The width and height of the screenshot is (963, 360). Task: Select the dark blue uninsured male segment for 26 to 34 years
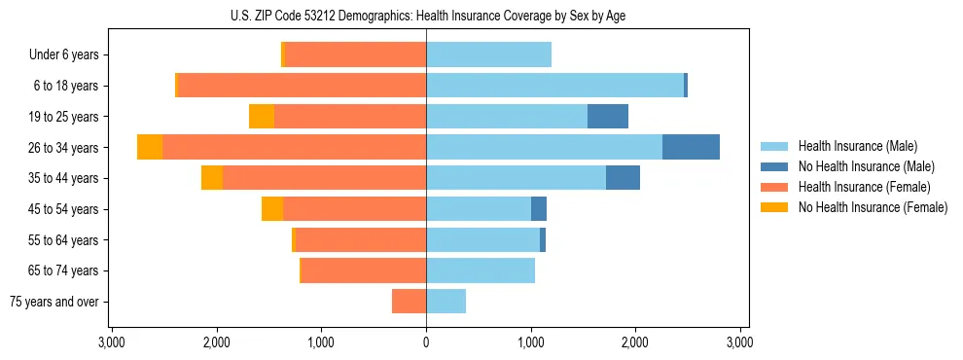point(691,147)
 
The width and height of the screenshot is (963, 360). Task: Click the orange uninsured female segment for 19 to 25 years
point(262,117)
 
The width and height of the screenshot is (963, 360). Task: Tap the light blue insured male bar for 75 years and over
point(446,302)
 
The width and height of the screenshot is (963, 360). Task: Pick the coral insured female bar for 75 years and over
point(409,302)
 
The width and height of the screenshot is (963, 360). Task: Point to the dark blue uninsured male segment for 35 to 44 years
point(623,178)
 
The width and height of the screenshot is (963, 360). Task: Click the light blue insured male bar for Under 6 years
point(488,54)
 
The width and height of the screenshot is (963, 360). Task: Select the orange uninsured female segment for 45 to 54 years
point(272,209)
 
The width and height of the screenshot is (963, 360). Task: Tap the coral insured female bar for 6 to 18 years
point(302,86)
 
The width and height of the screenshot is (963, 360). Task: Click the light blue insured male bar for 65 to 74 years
point(481,270)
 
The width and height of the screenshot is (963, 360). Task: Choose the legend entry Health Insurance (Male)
point(857,147)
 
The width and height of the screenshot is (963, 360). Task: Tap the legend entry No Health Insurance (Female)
point(872,207)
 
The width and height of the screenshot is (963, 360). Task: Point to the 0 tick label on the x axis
point(426,342)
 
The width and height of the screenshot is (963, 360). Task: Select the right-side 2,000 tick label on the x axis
point(635,342)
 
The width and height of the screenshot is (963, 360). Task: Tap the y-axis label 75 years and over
point(54,302)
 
